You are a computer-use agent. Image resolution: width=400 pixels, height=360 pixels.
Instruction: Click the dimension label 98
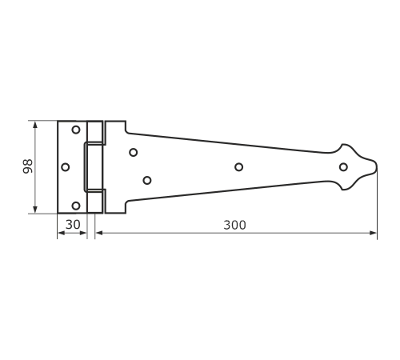coord(27,166)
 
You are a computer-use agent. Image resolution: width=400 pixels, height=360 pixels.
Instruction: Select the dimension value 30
coord(73,225)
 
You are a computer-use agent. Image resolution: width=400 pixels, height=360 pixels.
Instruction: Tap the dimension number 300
coord(234,226)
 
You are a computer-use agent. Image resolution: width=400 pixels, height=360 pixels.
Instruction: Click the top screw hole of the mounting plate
coord(76,130)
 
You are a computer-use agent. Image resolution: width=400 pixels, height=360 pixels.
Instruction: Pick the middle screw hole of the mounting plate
coord(66,167)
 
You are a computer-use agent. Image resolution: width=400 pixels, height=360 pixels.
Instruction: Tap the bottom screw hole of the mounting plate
coord(76,206)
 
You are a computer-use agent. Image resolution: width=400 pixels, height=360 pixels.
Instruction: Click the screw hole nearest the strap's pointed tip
coord(343,167)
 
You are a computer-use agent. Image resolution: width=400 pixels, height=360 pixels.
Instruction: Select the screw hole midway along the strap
coord(239,167)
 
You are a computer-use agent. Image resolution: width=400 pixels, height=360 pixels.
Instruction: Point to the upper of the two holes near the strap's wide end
coord(134,152)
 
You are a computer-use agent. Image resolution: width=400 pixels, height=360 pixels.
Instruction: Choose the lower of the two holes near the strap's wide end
coord(147,181)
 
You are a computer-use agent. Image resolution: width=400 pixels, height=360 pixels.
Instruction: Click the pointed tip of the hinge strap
coord(377,166)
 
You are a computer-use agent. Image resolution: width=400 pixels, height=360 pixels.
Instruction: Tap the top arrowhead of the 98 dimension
coord(35,125)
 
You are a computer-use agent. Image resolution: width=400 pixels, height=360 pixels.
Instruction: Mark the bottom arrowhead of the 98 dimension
coord(35,210)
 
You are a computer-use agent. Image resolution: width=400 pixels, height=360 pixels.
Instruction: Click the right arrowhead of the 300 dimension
coord(373,233)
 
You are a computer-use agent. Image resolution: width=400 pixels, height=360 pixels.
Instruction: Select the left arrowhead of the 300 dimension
coord(99,233)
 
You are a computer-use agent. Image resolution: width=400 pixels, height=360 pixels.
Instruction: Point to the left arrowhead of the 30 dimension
coord(62,233)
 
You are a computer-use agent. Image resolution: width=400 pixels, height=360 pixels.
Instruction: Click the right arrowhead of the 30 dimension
coord(83,233)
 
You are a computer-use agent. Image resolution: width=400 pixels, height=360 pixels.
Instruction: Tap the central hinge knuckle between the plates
coord(94,167)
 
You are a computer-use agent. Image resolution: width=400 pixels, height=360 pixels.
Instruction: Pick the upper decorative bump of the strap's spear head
coord(343,146)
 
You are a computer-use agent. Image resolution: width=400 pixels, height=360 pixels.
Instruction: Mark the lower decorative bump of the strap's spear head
coord(343,188)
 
